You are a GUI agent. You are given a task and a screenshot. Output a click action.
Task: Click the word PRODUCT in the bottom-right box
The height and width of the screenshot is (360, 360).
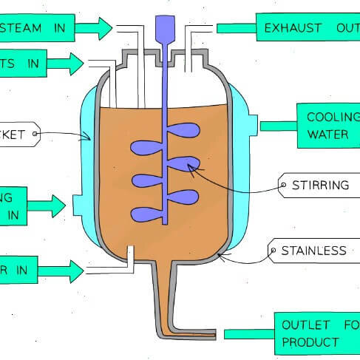click(310, 342)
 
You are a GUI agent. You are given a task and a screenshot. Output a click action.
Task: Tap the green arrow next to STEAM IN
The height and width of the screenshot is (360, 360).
click(93, 28)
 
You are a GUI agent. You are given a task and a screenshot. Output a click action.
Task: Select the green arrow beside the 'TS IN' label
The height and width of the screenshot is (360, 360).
click(65, 64)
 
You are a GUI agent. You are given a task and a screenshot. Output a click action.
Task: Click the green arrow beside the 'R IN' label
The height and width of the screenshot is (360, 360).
click(65, 271)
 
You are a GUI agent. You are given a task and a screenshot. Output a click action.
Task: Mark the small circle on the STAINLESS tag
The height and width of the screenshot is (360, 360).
click(273, 251)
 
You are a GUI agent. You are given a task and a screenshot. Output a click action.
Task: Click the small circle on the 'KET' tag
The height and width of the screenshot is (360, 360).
click(34, 134)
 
